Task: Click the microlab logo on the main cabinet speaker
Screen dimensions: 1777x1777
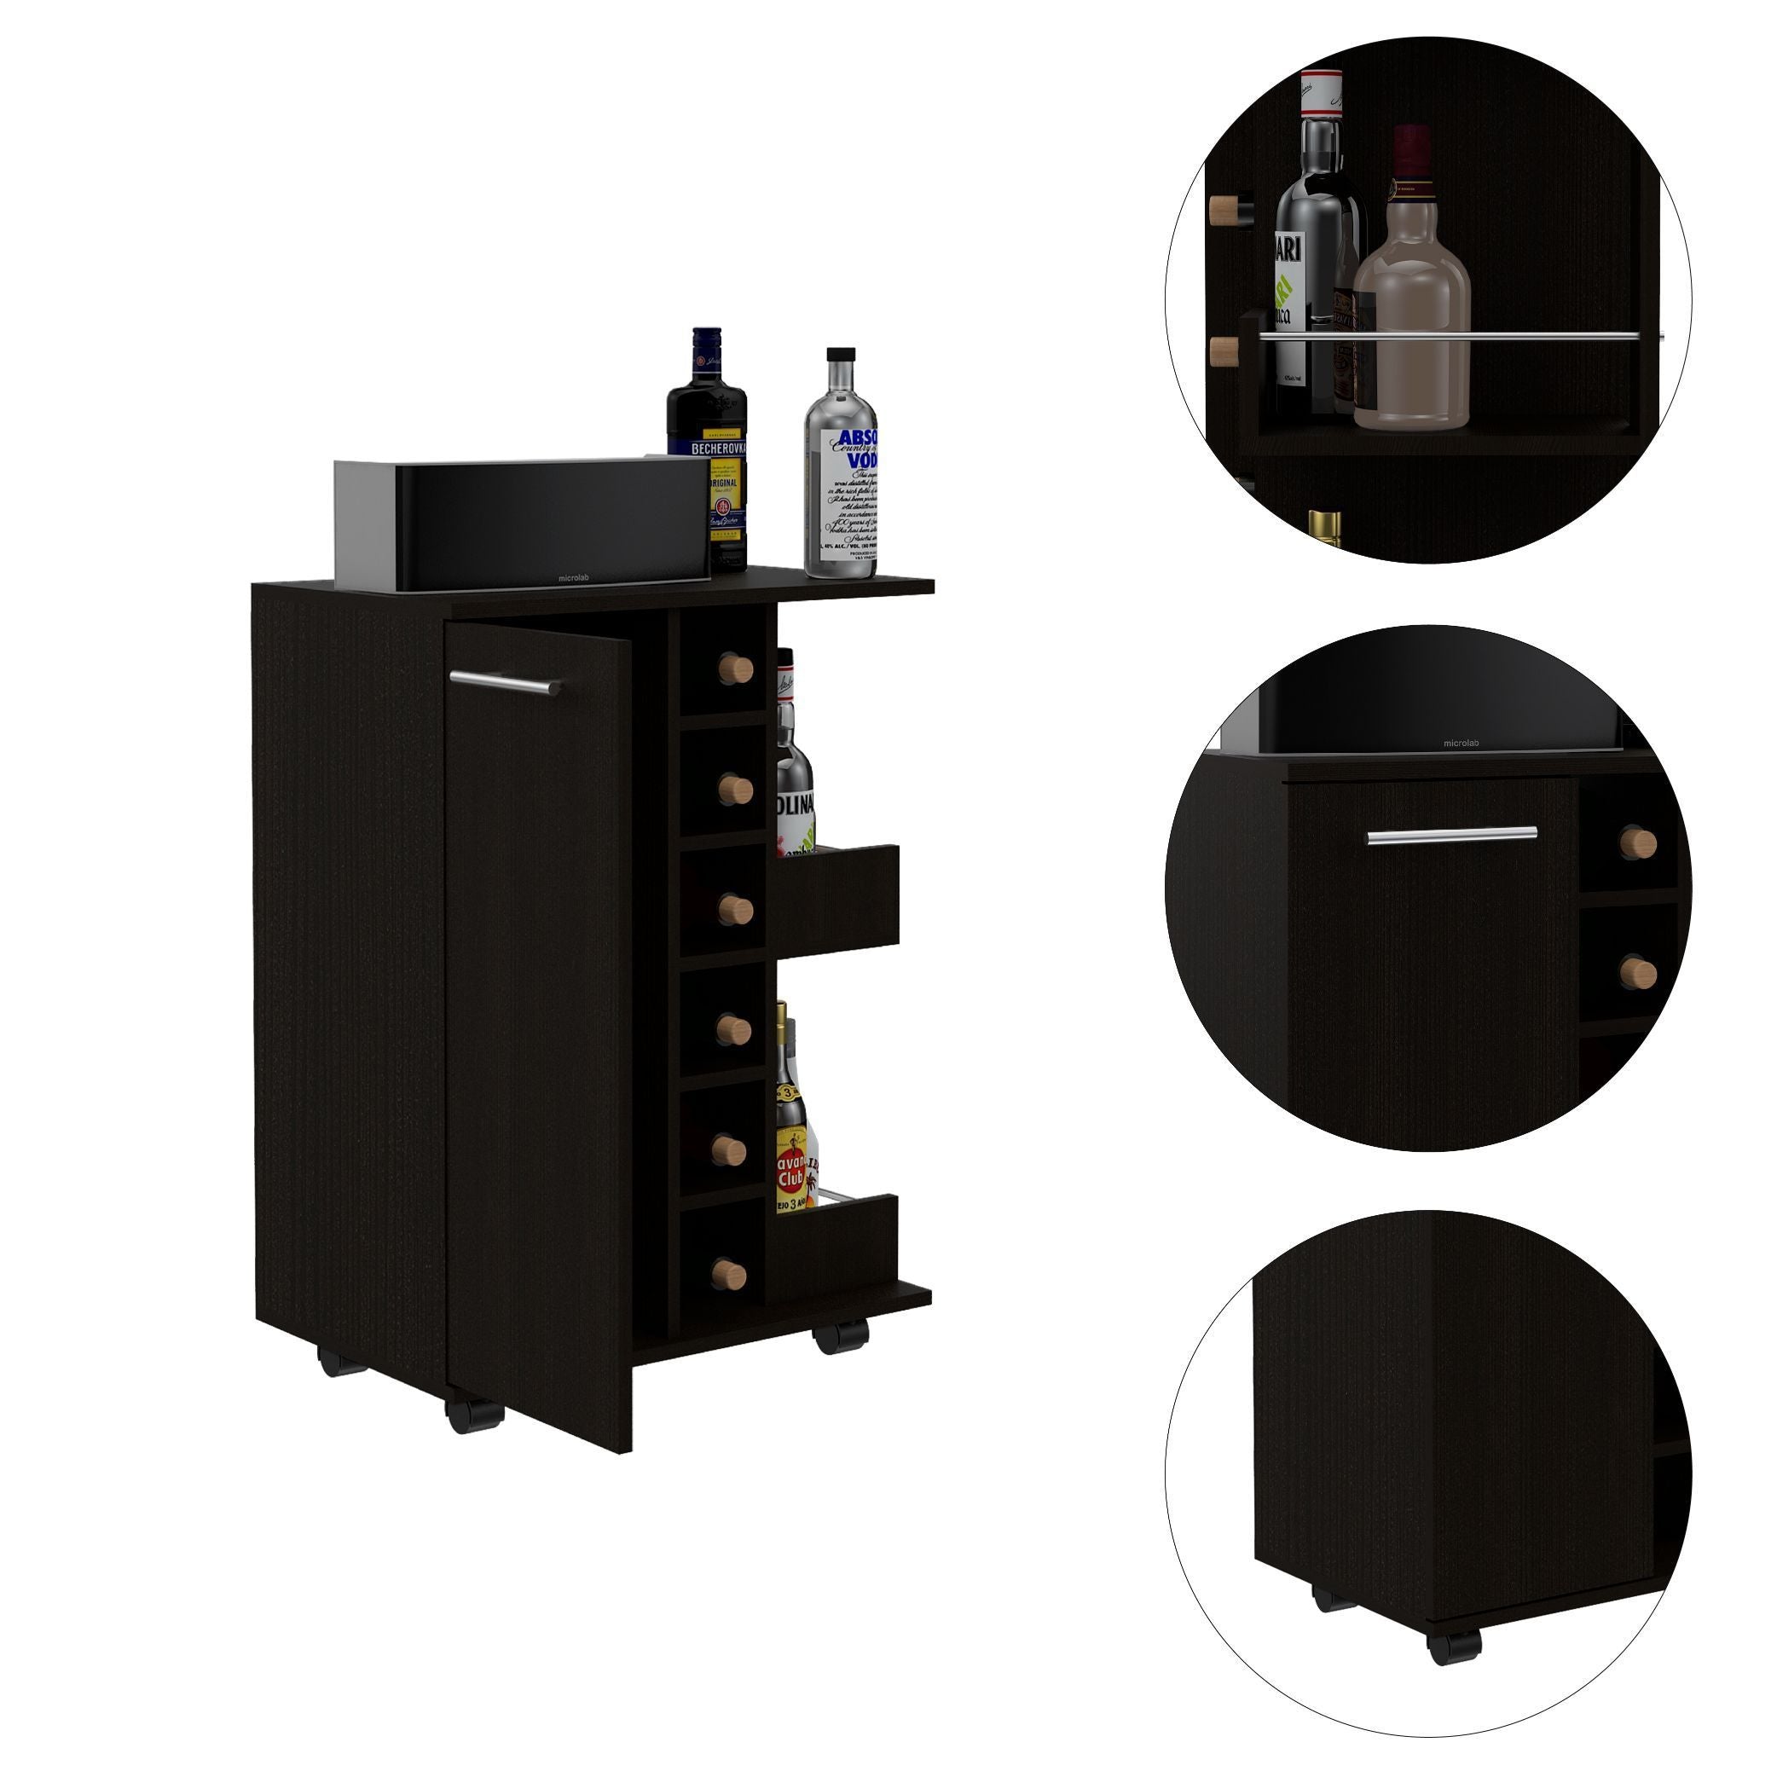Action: [x=574, y=578]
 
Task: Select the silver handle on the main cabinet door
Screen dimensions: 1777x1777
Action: [x=505, y=681]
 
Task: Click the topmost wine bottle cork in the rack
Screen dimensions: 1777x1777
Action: [x=735, y=669]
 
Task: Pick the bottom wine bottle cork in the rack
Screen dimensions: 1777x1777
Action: [x=730, y=1274]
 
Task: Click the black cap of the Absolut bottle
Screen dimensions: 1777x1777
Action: [x=841, y=356]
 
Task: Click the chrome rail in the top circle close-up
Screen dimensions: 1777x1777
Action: [x=1453, y=336]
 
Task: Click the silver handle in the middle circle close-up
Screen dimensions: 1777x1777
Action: [x=1451, y=835]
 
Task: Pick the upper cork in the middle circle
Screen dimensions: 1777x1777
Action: [x=1638, y=842]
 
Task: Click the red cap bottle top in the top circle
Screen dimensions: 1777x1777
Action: [x=1411, y=152]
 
